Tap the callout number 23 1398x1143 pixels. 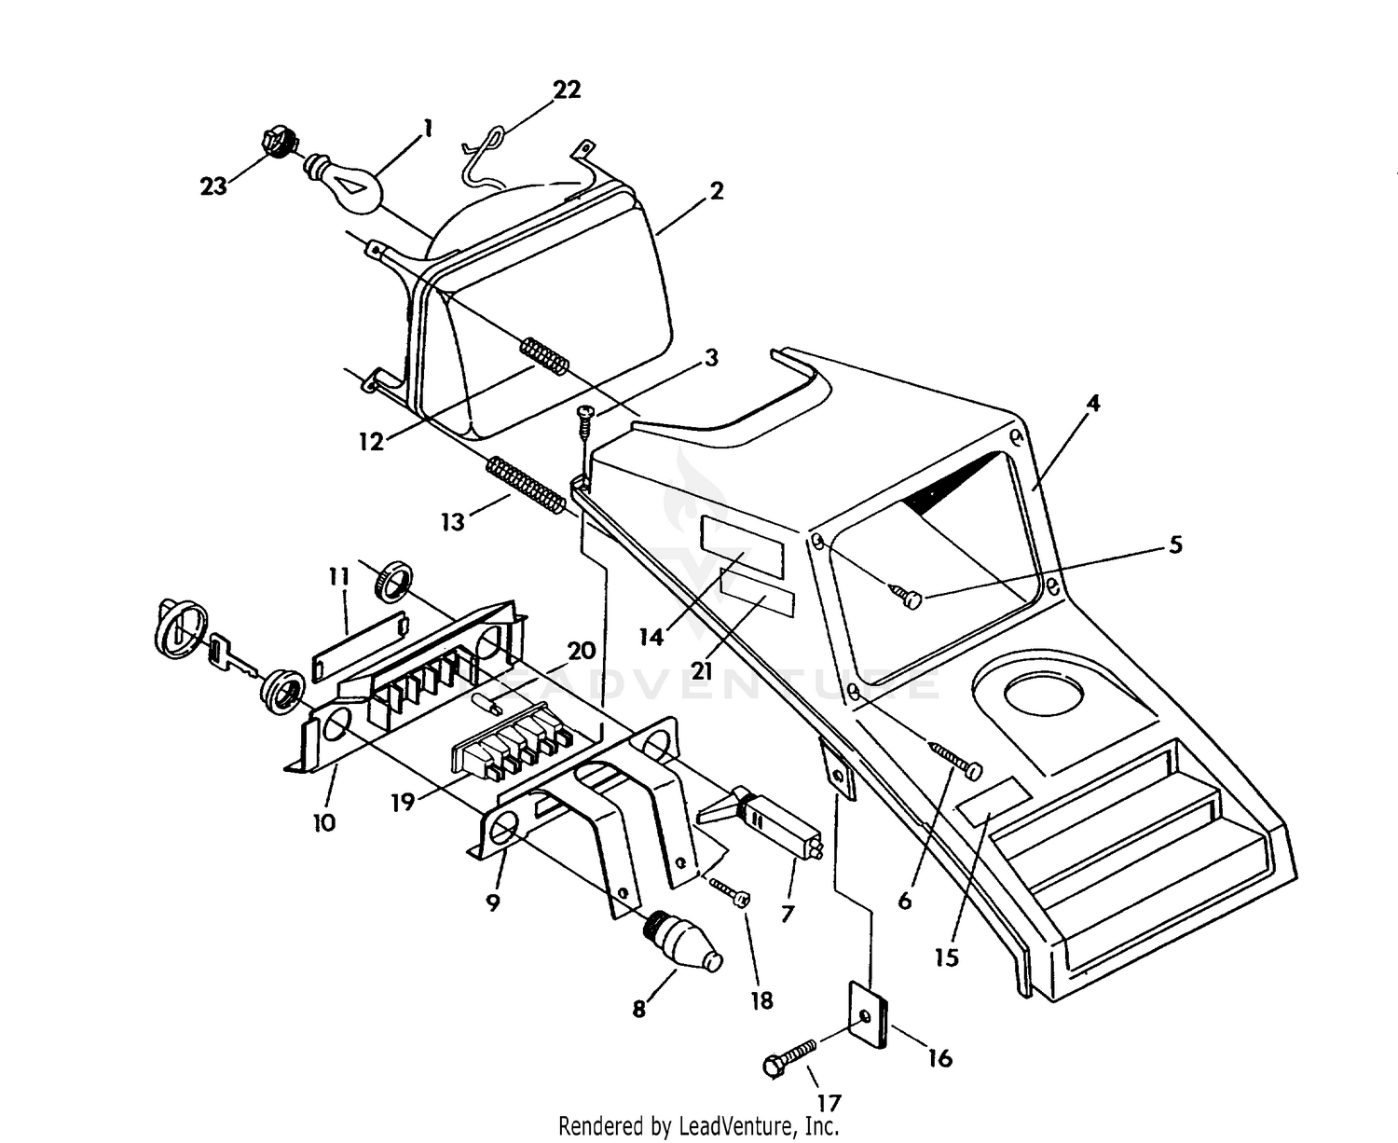[x=213, y=186]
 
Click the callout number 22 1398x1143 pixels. [x=567, y=90]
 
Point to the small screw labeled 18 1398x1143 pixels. [x=731, y=892]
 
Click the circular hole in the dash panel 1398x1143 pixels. [x=1042, y=695]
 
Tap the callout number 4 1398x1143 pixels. [x=1093, y=404]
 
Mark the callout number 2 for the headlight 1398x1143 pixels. [x=716, y=191]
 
